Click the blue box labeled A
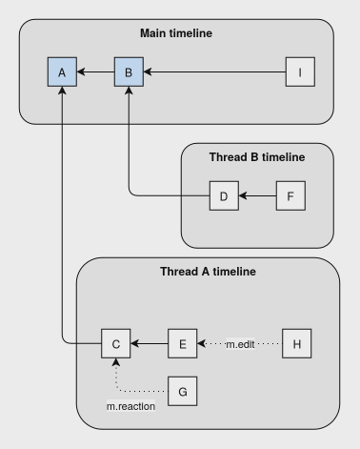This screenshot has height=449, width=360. (x=61, y=71)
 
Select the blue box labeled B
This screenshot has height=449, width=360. (x=128, y=71)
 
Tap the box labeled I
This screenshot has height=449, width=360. (x=301, y=71)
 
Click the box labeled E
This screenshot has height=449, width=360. (x=183, y=341)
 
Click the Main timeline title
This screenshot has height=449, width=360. (x=176, y=33)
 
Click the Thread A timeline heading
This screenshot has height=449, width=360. (x=208, y=272)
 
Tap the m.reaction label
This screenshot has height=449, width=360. (x=130, y=407)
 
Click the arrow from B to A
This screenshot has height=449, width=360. (x=94, y=71)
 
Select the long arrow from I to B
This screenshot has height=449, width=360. (x=214, y=71)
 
